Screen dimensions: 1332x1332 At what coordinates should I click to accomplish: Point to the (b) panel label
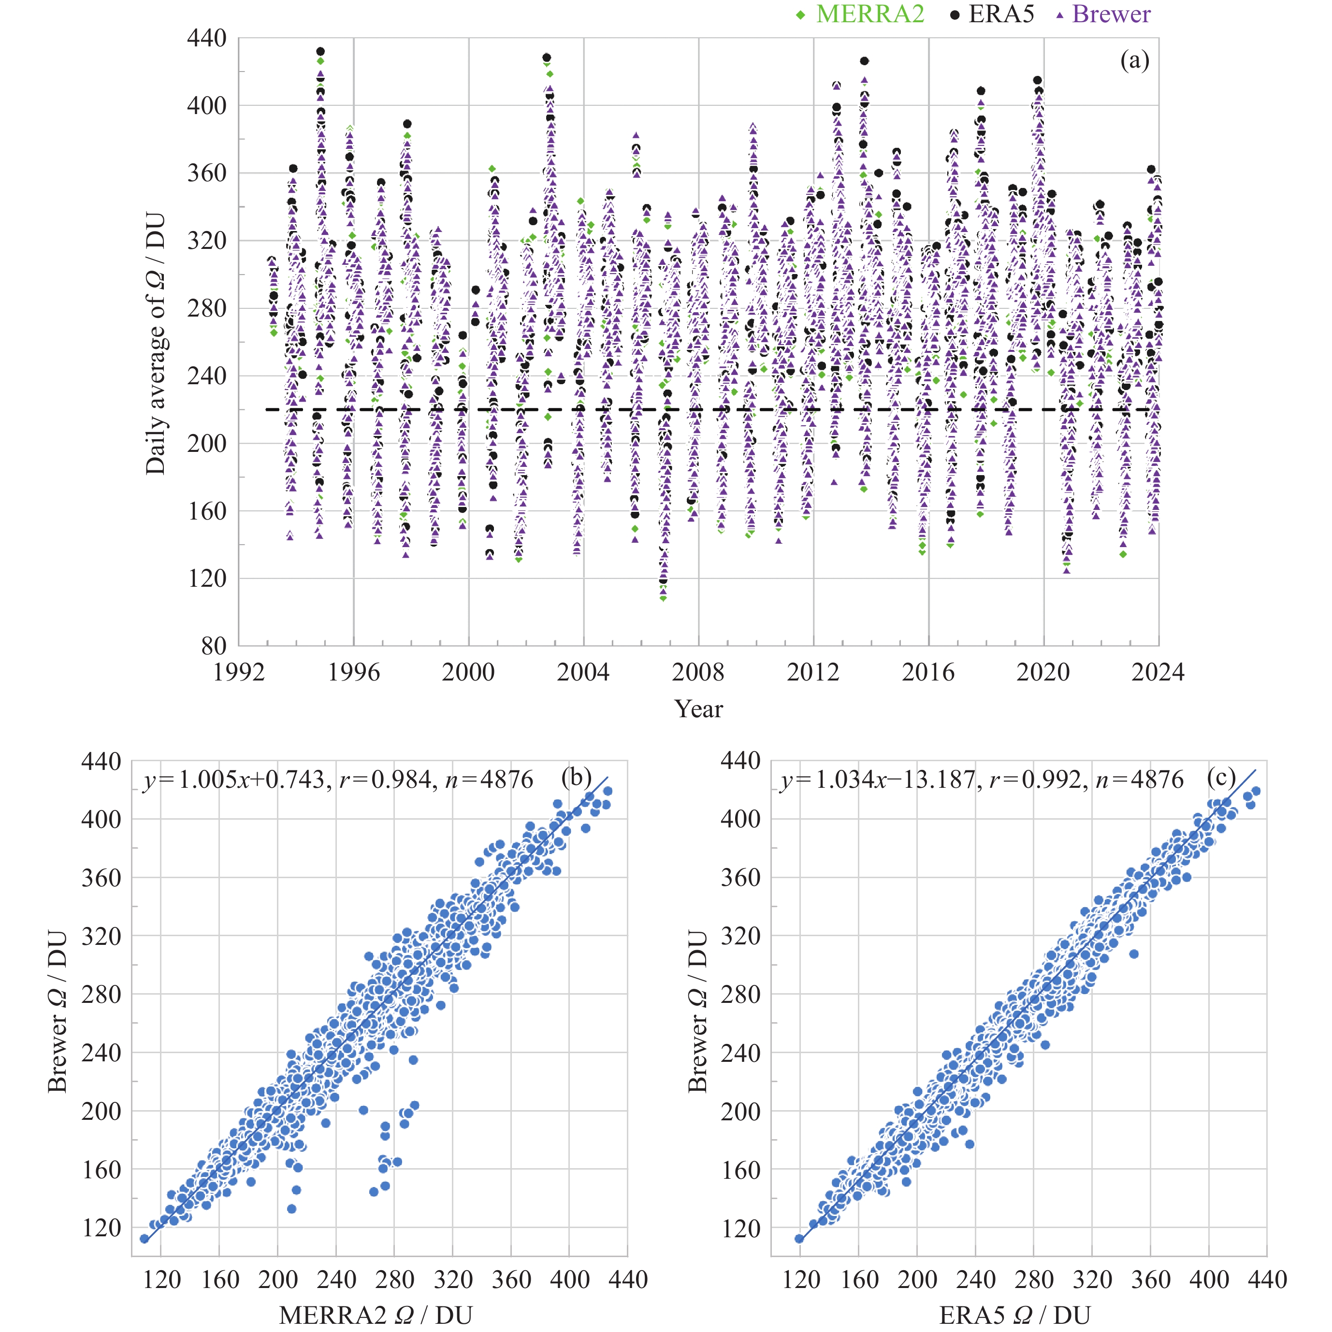pyautogui.click(x=577, y=777)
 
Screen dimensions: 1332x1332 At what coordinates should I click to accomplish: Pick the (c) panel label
pyautogui.click(x=1221, y=777)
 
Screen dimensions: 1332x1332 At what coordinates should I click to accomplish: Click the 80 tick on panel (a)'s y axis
pyautogui.click(x=214, y=646)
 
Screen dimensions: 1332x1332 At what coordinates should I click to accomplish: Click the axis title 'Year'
pyautogui.click(x=698, y=709)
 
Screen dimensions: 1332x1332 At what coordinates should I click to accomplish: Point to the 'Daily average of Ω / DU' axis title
pyautogui.click(x=155, y=343)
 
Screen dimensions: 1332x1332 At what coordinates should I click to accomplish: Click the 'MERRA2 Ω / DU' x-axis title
pyautogui.click(x=376, y=1316)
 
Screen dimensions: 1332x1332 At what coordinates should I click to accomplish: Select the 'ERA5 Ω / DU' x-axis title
pyautogui.click(x=1015, y=1316)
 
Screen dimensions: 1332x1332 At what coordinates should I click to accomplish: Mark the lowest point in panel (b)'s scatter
pyautogui.click(x=144, y=1239)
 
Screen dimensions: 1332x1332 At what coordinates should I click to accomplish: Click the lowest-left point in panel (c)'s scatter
pyautogui.click(x=799, y=1239)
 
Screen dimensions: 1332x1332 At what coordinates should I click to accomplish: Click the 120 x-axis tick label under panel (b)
pyautogui.click(x=161, y=1280)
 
